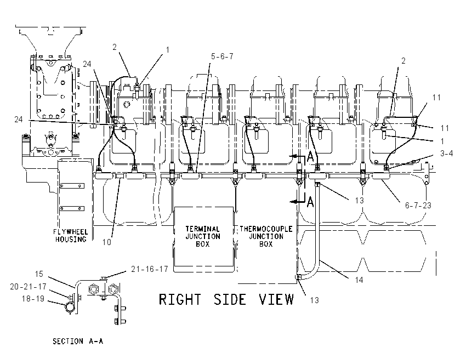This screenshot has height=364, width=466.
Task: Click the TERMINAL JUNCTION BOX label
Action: click(203, 236)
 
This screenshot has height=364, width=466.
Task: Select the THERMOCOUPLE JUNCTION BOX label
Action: click(266, 236)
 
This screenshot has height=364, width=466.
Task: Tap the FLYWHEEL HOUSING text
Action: click(71, 236)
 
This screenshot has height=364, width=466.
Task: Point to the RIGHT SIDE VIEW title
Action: click(226, 299)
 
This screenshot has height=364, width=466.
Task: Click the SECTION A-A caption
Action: click(78, 341)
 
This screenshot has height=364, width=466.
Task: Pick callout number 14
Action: click(359, 280)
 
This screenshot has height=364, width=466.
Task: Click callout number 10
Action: click(107, 242)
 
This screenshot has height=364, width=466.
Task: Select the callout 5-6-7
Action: click(222, 56)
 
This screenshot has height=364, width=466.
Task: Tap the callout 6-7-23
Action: click(418, 206)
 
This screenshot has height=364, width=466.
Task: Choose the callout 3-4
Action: click(446, 153)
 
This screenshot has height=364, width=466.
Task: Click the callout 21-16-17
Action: click(150, 269)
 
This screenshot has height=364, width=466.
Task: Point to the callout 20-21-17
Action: click(28, 287)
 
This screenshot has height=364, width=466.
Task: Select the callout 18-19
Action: click(33, 299)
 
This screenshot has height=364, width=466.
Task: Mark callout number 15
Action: click(39, 274)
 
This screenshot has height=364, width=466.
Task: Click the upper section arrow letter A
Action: click(310, 157)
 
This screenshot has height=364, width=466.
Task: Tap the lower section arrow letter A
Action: click(310, 202)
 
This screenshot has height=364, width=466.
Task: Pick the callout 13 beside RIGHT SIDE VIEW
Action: click(315, 300)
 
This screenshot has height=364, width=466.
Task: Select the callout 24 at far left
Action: click(19, 120)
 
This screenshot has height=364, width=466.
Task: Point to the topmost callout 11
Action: click(436, 98)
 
